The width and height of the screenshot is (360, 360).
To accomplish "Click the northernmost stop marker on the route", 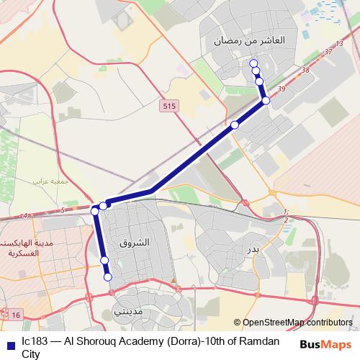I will coord(253,64).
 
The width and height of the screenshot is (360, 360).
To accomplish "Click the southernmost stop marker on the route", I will coord(108,276).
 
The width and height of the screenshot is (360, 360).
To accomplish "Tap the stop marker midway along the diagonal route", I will coord(235,125).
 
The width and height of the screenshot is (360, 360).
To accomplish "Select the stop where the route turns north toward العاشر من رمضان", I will coord(266,100).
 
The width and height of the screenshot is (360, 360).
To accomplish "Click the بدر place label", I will coord(253,249).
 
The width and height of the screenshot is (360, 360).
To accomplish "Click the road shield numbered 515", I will coord(168,106).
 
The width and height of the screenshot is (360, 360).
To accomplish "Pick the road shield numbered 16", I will coord(17,314).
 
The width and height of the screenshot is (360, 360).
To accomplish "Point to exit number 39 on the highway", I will coord(281,88).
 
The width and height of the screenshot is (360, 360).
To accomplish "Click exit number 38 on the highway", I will coord(306,70).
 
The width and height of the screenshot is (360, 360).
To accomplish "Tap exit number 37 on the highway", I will coord(329,52).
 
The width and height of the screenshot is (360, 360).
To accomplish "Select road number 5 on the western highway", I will coord(63,210).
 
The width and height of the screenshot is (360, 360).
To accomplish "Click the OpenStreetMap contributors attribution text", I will coord(297,323).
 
